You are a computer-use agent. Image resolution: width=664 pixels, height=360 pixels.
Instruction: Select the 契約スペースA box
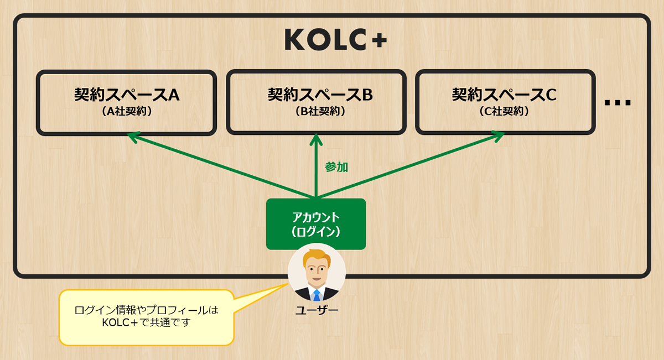pyautogui.click(x=126, y=102)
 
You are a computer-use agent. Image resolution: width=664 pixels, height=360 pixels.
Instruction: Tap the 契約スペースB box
pyautogui.click(x=316, y=102)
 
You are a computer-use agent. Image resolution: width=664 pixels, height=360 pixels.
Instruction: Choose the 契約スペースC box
pyautogui.click(x=505, y=102)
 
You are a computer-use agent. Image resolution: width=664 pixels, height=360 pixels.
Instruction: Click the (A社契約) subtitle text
pyautogui.click(x=127, y=111)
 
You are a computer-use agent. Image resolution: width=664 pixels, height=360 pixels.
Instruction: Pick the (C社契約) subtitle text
pyautogui.click(x=504, y=111)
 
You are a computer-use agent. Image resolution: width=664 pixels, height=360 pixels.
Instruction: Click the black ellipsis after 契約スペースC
pyautogui.click(x=618, y=103)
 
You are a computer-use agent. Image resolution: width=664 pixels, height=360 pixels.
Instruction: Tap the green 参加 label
pyautogui.click(x=336, y=167)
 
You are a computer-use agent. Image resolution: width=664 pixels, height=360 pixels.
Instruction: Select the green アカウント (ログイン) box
pyautogui.click(x=316, y=223)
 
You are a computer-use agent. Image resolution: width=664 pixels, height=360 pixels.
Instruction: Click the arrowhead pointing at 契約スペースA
pyautogui.click(x=133, y=136)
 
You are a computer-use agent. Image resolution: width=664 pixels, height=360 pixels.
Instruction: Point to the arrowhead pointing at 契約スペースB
pyautogui.click(x=316, y=137)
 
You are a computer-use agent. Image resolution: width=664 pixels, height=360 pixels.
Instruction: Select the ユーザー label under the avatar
pyautogui.click(x=317, y=310)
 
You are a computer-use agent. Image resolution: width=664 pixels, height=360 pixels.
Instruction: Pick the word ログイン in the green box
pyautogui.click(x=316, y=231)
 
